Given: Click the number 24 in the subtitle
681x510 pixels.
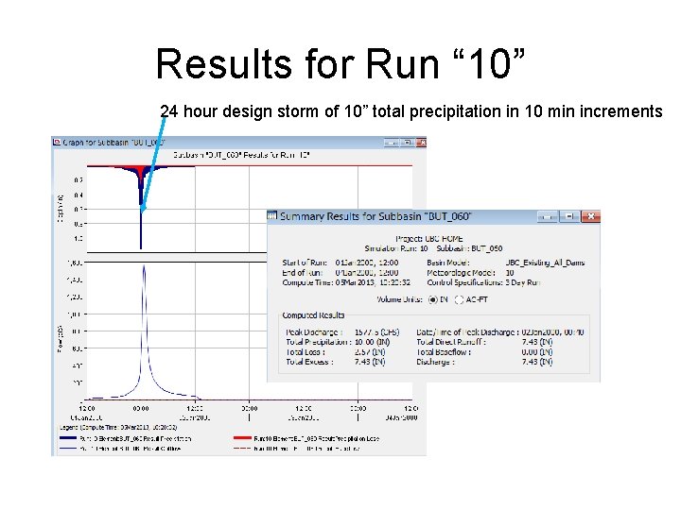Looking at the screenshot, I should tap(169, 111).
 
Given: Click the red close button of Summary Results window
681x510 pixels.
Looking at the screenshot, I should tap(590, 216).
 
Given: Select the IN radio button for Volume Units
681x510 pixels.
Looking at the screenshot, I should tap(431, 298).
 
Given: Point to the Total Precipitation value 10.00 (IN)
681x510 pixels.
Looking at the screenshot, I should tap(367, 342).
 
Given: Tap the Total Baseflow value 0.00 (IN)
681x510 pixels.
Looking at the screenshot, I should tap(536, 351).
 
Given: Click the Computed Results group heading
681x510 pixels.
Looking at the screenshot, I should tap(313, 315).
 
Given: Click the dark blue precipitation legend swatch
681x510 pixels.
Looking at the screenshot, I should tap(67, 438).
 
